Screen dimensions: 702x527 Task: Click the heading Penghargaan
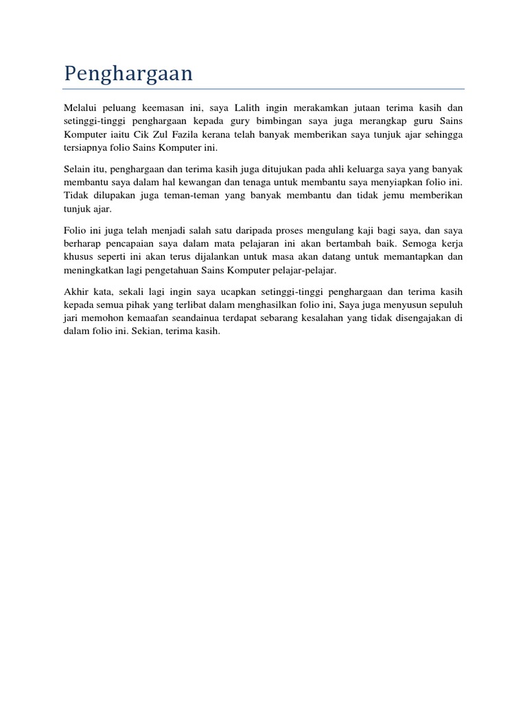(x=128, y=74)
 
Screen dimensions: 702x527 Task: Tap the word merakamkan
(x=323, y=108)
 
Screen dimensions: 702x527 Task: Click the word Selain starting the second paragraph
(x=78, y=169)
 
